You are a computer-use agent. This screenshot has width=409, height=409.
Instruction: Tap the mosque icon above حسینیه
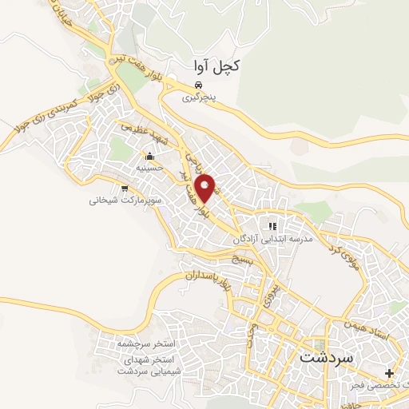tap(149, 156)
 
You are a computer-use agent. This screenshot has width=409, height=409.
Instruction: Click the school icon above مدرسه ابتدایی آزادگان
tap(272, 227)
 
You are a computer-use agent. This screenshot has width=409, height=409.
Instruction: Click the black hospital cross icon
tap(389, 373)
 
